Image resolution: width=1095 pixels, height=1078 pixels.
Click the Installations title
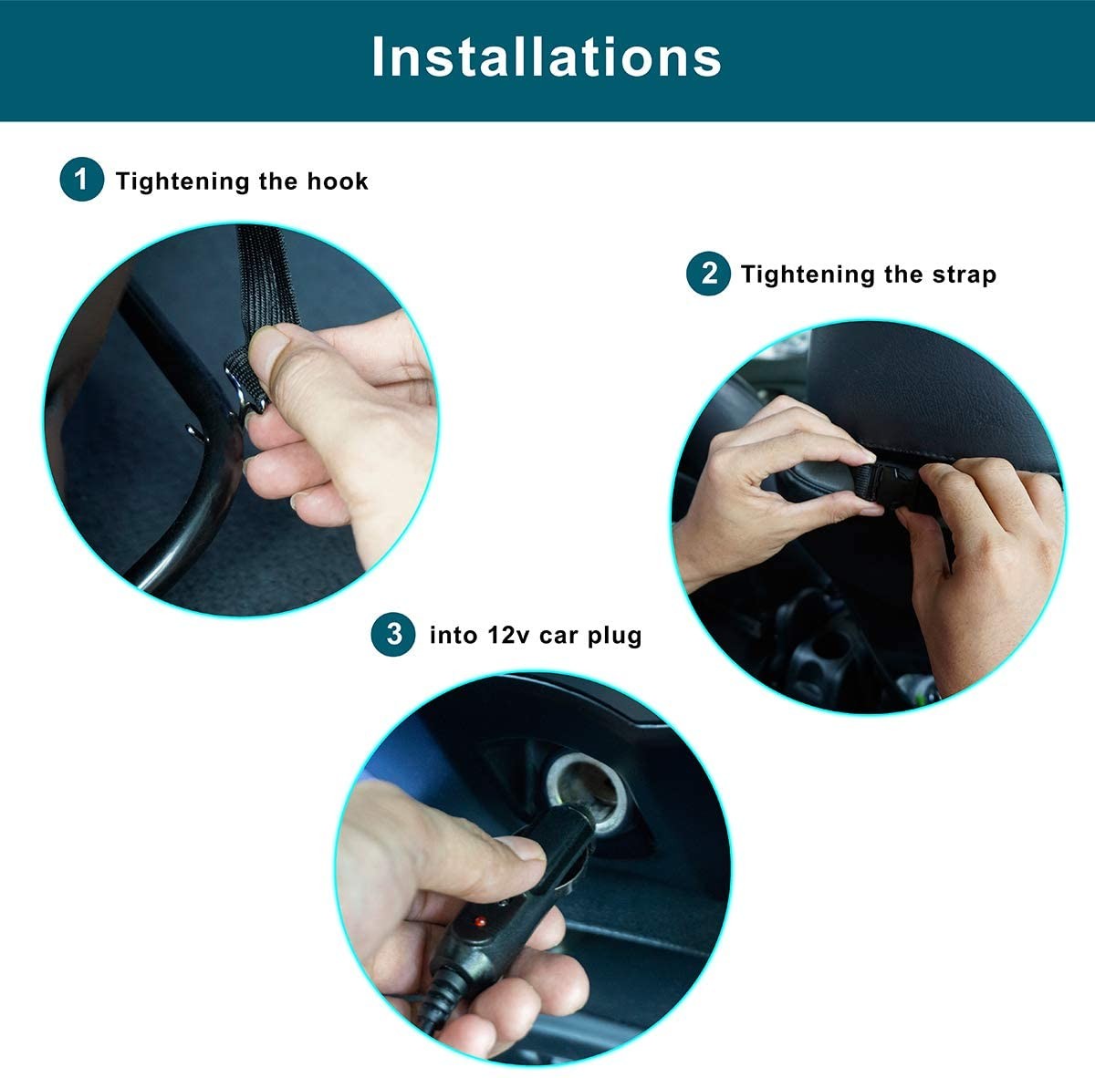pos(546,57)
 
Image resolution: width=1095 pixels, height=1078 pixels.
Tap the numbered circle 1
pos(81,180)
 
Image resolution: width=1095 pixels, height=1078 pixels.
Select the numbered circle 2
pos(708,274)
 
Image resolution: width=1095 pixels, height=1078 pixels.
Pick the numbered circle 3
pos(393,635)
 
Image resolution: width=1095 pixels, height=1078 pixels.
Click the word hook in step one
pos(338,181)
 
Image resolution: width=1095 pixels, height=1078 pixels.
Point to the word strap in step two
pos(965,275)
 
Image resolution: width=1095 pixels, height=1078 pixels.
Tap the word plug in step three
pos(614,636)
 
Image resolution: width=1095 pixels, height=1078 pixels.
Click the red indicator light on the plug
pos(480,920)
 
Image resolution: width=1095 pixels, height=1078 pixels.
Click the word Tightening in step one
pos(182,181)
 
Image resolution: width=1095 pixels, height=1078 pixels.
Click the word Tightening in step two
pos(808,275)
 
